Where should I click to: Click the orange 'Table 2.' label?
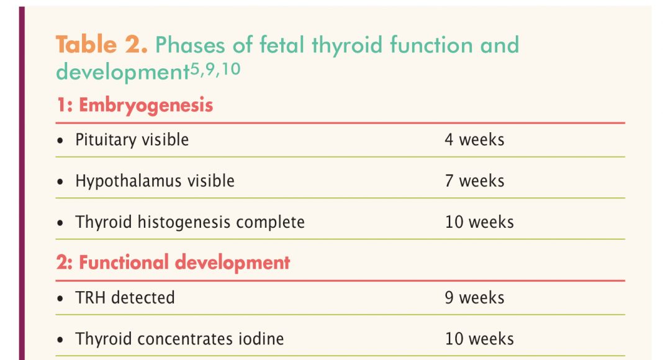point(101,44)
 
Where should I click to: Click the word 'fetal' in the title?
point(282,45)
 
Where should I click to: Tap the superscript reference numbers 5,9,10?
point(215,69)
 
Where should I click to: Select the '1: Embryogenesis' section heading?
point(135,105)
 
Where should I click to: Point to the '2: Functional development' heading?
point(173,262)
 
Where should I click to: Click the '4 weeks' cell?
point(474,140)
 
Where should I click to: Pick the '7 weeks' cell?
point(474,181)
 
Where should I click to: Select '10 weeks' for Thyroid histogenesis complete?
point(479,222)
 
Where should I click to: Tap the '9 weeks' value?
point(474,298)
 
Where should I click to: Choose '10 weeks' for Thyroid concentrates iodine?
point(479,339)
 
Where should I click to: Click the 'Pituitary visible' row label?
point(132,140)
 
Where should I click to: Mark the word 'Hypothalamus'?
point(129,181)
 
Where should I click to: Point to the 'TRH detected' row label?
point(125,298)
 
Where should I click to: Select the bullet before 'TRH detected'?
point(60,299)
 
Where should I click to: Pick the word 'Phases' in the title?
point(190,45)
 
